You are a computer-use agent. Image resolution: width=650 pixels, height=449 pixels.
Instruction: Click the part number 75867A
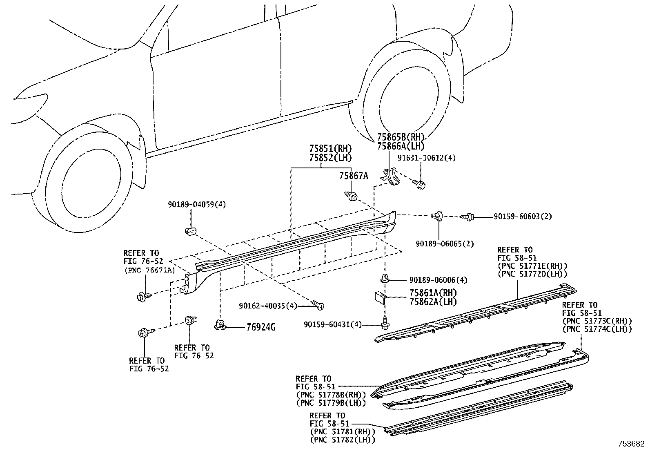pyautogui.click(x=353, y=176)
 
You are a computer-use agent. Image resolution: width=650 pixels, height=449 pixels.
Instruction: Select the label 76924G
pyautogui.click(x=260, y=327)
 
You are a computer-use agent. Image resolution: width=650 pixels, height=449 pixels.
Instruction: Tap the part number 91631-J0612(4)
pyautogui.click(x=426, y=158)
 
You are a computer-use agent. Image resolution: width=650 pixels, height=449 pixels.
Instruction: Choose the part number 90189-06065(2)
pyautogui.click(x=445, y=244)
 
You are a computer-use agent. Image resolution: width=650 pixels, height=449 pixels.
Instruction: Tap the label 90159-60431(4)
pyautogui.click(x=333, y=324)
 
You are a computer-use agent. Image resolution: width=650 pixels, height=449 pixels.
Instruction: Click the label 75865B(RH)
pyautogui.click(x=401, y=137)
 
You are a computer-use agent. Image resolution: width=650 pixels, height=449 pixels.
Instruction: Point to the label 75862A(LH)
pyautogui.click(x=433, y=302)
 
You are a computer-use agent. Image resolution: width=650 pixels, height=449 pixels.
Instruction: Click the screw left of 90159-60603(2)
pyautogui.click(x=468, y=217)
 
